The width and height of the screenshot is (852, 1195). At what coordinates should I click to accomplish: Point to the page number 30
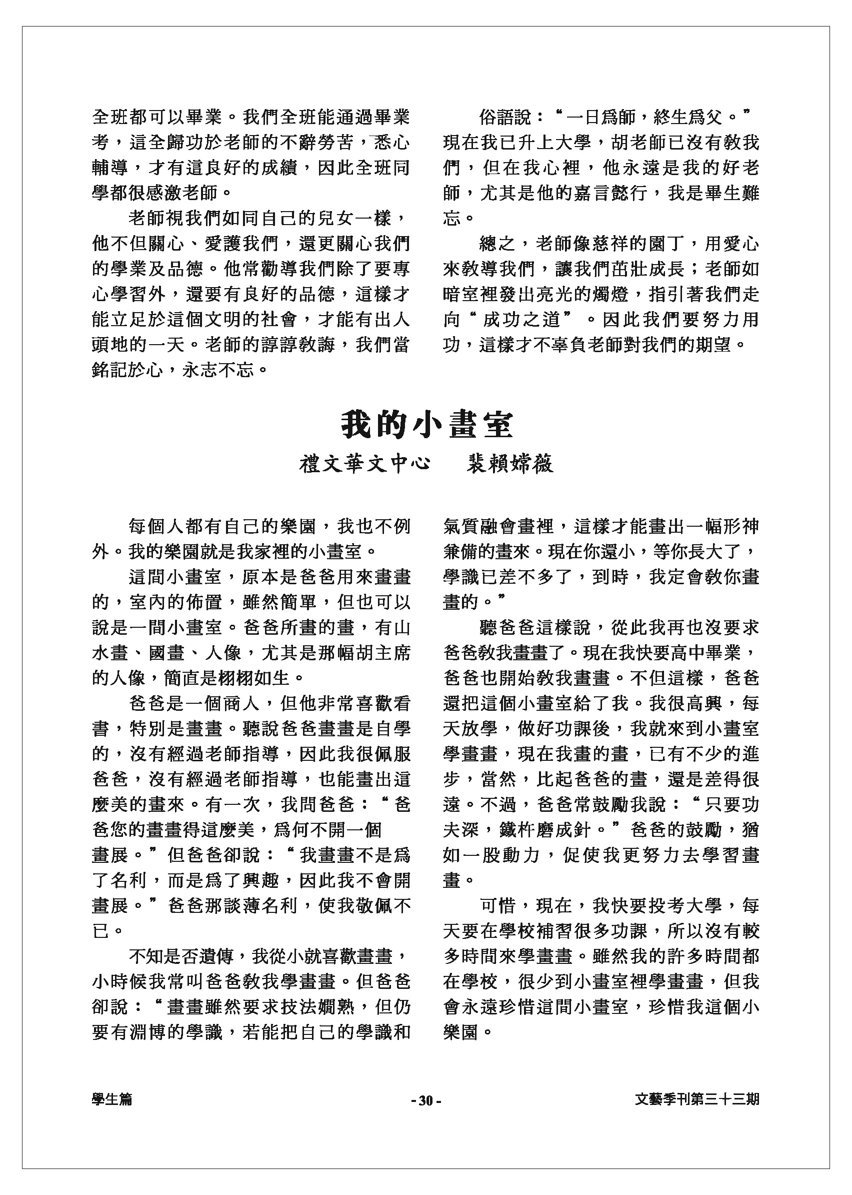[425, 1100]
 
